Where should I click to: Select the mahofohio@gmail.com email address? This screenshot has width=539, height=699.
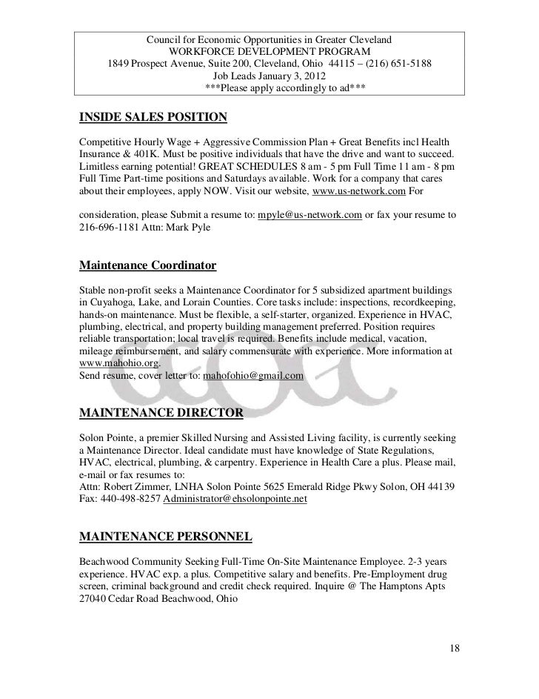[253, 377]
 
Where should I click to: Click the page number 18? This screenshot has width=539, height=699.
[455, 649]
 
